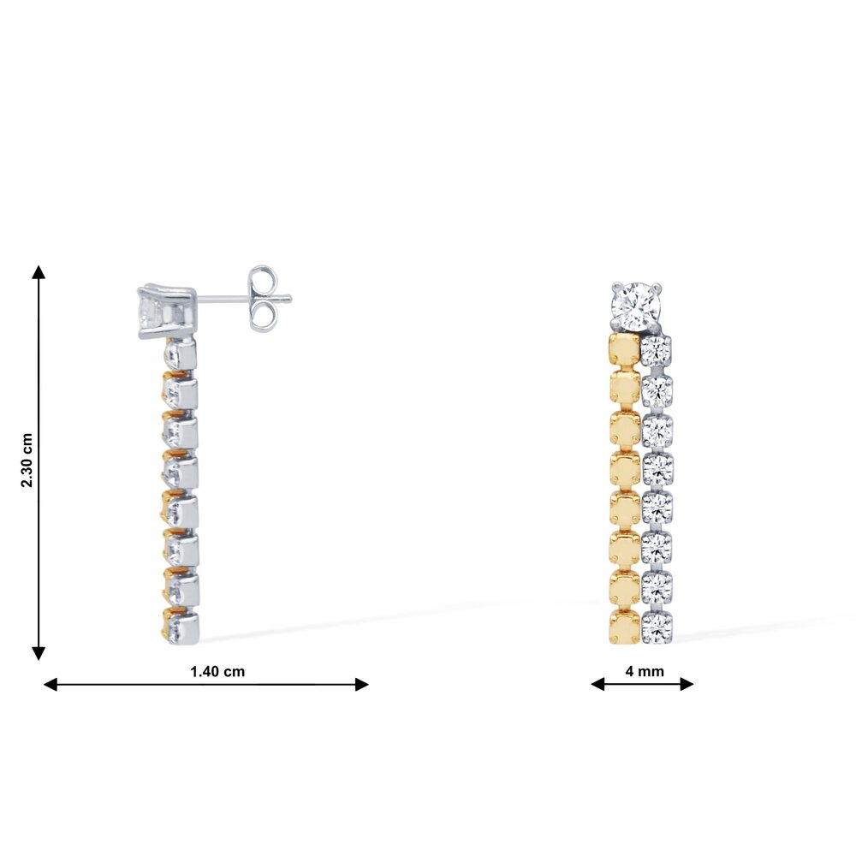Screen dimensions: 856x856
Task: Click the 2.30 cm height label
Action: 27,461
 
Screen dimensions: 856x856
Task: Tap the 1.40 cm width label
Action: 217,671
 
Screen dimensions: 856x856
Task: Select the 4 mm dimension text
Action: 645,671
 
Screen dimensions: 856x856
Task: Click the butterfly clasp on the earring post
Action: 263,299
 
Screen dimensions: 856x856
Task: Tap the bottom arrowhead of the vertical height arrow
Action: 39,653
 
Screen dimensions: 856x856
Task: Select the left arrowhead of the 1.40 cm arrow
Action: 51,684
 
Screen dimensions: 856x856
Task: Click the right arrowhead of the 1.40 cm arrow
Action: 362,684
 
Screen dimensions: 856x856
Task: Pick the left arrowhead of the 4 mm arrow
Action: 597,684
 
